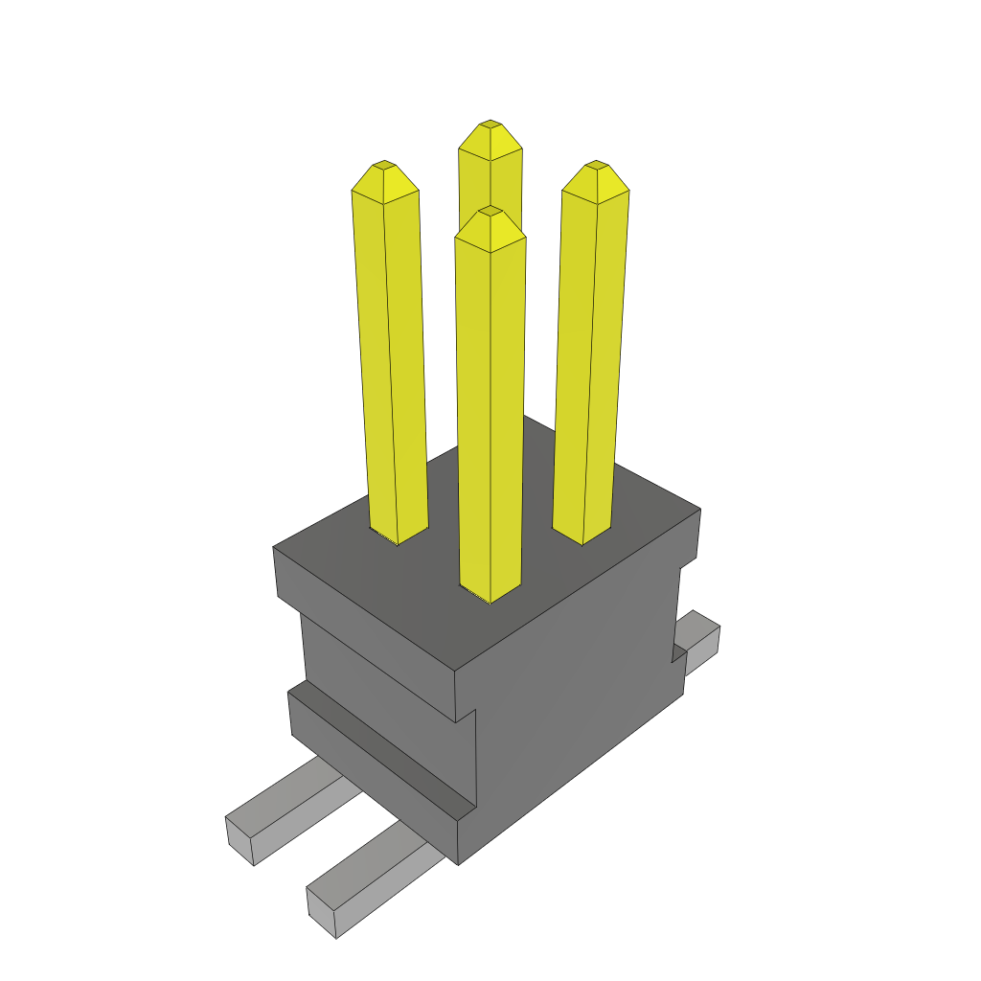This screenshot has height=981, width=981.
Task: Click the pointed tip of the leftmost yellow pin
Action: (384, 165)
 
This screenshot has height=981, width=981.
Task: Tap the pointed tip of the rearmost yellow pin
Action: (490, 125)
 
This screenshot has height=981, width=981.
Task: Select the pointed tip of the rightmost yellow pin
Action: (597, 165)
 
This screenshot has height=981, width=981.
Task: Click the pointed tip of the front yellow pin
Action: (490, 210)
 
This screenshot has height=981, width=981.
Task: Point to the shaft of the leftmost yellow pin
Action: (391, 364)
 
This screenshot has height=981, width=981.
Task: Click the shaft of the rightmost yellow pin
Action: (589, 364)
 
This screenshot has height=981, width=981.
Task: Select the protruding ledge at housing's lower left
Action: (374, 747)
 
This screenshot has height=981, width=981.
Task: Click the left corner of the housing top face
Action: (275, 548)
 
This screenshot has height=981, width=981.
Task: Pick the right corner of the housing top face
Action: (699, 510)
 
